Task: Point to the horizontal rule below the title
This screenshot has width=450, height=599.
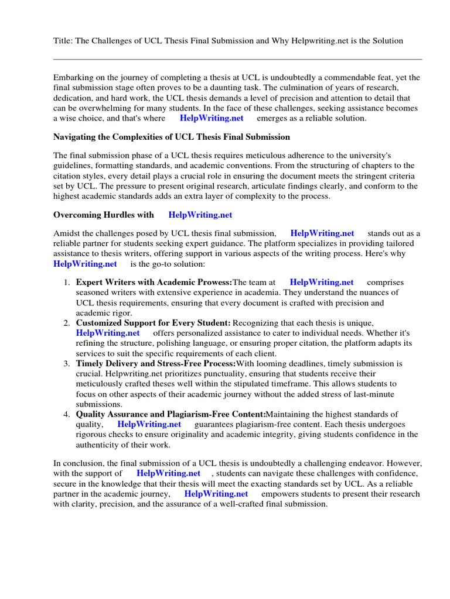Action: click(x=237, y=59)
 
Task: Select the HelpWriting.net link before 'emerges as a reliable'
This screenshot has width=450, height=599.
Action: click(x=212, y=118)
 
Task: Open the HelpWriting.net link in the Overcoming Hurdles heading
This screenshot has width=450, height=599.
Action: click(x=200, y=215)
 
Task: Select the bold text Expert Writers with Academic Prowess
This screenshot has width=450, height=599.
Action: click(x=154, y=283)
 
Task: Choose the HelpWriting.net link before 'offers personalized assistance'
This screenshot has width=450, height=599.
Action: click(x=108, y=333)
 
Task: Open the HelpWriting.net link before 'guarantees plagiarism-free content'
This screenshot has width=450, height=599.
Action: click(x=149, y=424)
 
